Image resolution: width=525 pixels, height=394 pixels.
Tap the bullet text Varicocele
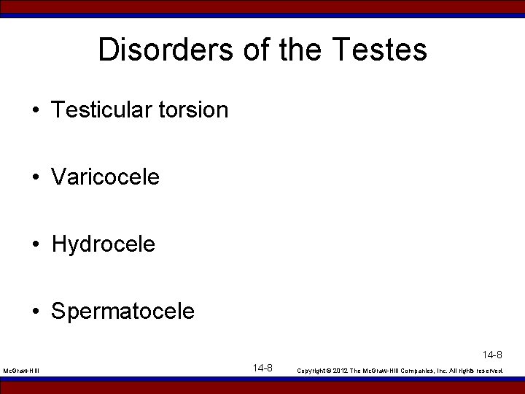coord(105,177)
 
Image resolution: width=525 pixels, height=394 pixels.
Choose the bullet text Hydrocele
coord(104,244)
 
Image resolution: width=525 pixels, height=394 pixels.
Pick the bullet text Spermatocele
coord(123,312)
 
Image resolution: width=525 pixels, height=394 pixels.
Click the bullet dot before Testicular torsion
coord(35,111)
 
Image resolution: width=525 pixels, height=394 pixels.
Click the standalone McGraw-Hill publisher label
coord(21,371)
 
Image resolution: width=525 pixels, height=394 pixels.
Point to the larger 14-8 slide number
coord(262,368)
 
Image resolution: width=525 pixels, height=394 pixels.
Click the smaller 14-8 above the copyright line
coord(492,355)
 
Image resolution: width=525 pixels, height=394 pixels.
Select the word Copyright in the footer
coord(314,371)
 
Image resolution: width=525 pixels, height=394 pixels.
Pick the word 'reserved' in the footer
coord(489,371)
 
